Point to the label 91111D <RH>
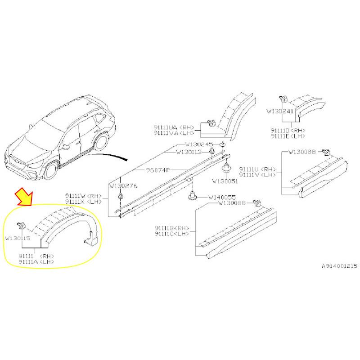[288, 130]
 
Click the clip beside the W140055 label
[193, 197]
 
